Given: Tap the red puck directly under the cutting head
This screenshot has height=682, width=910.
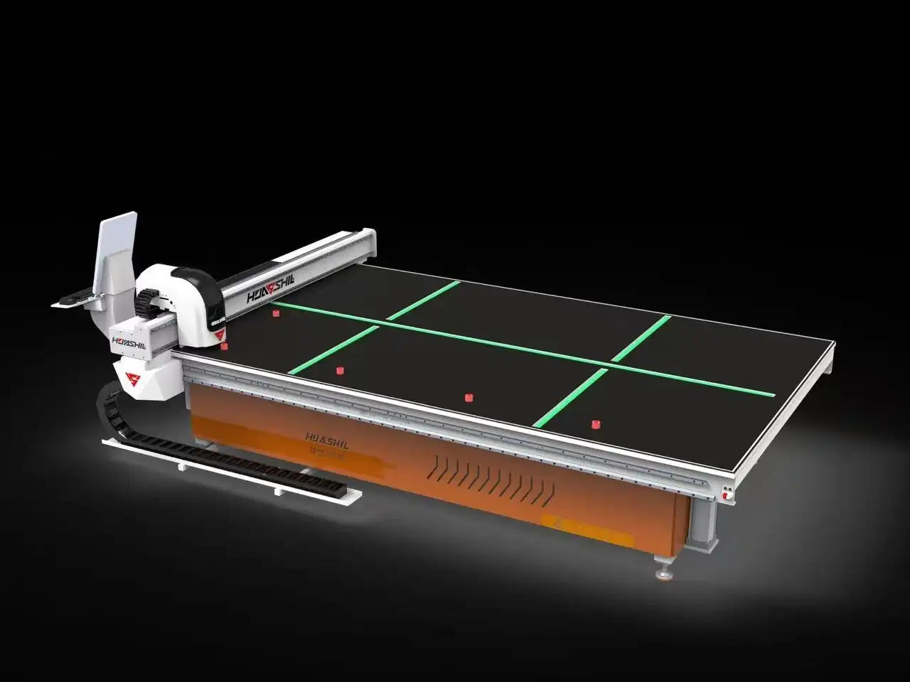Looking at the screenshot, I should (x=225, y=346).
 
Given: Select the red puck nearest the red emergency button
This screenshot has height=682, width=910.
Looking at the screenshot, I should (x=596, y=424).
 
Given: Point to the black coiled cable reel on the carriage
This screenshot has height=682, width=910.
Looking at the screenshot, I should (x=149, y=302).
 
